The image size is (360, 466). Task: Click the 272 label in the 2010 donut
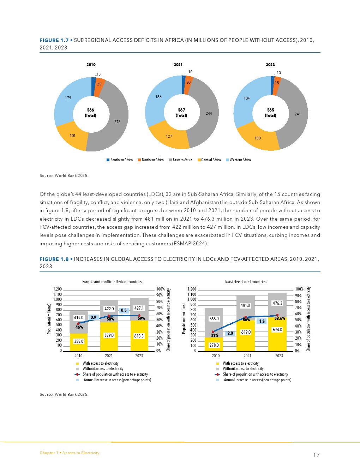117,122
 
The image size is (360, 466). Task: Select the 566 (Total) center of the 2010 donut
91,113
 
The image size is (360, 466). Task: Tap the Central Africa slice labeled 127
169,136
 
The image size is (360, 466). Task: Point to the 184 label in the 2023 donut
247,98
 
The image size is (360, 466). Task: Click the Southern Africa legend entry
120,160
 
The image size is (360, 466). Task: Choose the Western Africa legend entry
238,160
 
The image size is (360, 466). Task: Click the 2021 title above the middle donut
178,65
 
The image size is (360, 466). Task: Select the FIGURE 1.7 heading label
54,40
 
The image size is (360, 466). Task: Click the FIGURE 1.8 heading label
54,259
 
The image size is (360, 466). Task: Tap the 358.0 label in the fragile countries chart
79,341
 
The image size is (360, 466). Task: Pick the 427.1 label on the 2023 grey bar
139,308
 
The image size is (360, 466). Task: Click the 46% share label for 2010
79,327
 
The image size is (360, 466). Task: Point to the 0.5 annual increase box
124,310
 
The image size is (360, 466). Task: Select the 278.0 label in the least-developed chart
214,345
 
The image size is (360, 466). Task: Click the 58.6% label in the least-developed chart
280,318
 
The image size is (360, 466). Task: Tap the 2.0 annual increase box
230,333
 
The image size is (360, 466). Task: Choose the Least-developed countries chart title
245,282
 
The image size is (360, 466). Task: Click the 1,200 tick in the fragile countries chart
57,289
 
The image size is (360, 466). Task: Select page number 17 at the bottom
316,455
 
